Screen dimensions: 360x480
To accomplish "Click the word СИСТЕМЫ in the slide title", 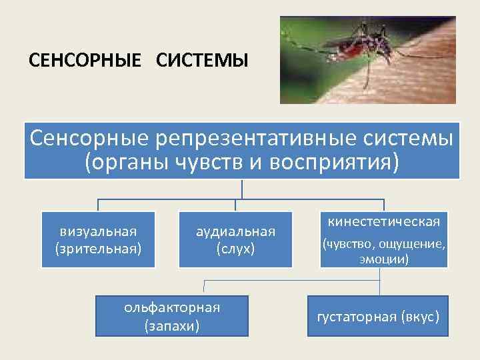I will click(202, 61).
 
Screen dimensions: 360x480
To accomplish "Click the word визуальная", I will click(98, 231).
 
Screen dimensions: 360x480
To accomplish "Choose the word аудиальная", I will click(235, 231).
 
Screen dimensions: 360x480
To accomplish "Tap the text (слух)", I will click(235, 248).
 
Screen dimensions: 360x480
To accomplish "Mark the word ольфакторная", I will click(172, 307).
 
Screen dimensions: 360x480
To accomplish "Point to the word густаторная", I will click(359, 316).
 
